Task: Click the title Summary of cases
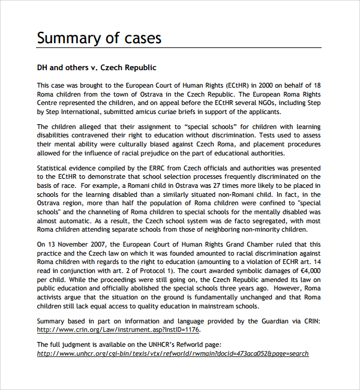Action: tap(99, 38)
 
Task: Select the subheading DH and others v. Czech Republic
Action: tap(97, 68)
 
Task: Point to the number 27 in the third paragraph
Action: tap(191, 185)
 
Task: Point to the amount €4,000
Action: tap(307, 271)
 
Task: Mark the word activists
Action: tap(52, 297)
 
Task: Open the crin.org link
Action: tap(118, 329)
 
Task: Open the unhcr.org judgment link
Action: tap(173, 353)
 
